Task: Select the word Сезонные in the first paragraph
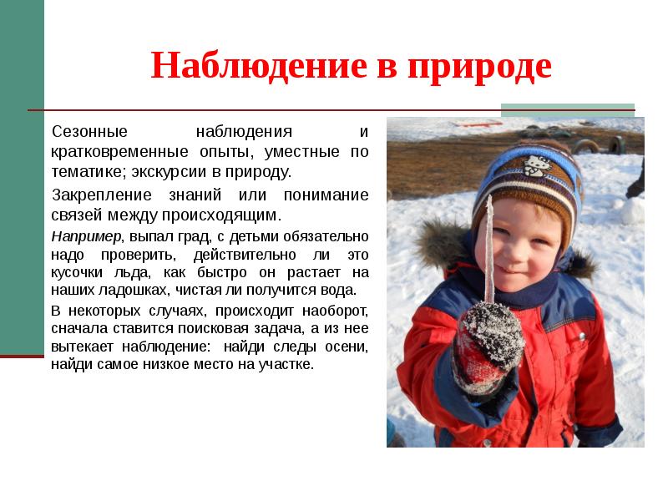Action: pyautogui.click(x=89, y=132)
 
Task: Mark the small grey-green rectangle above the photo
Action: pyautogui.click(x=567, y=109)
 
